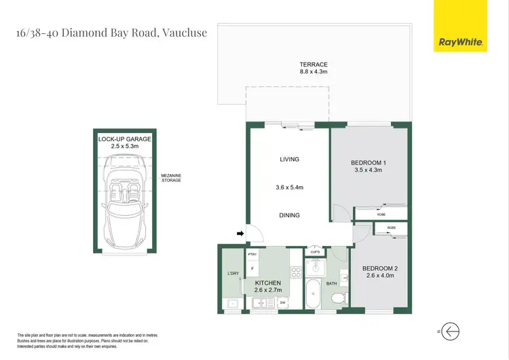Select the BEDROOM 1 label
[369, 162]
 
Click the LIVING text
[289, 160]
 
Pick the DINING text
[289, 215]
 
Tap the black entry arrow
[240, 234]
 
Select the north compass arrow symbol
[450, 331]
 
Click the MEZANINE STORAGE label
[171, 178]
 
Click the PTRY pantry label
[252, 255]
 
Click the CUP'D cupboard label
[315, 252]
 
